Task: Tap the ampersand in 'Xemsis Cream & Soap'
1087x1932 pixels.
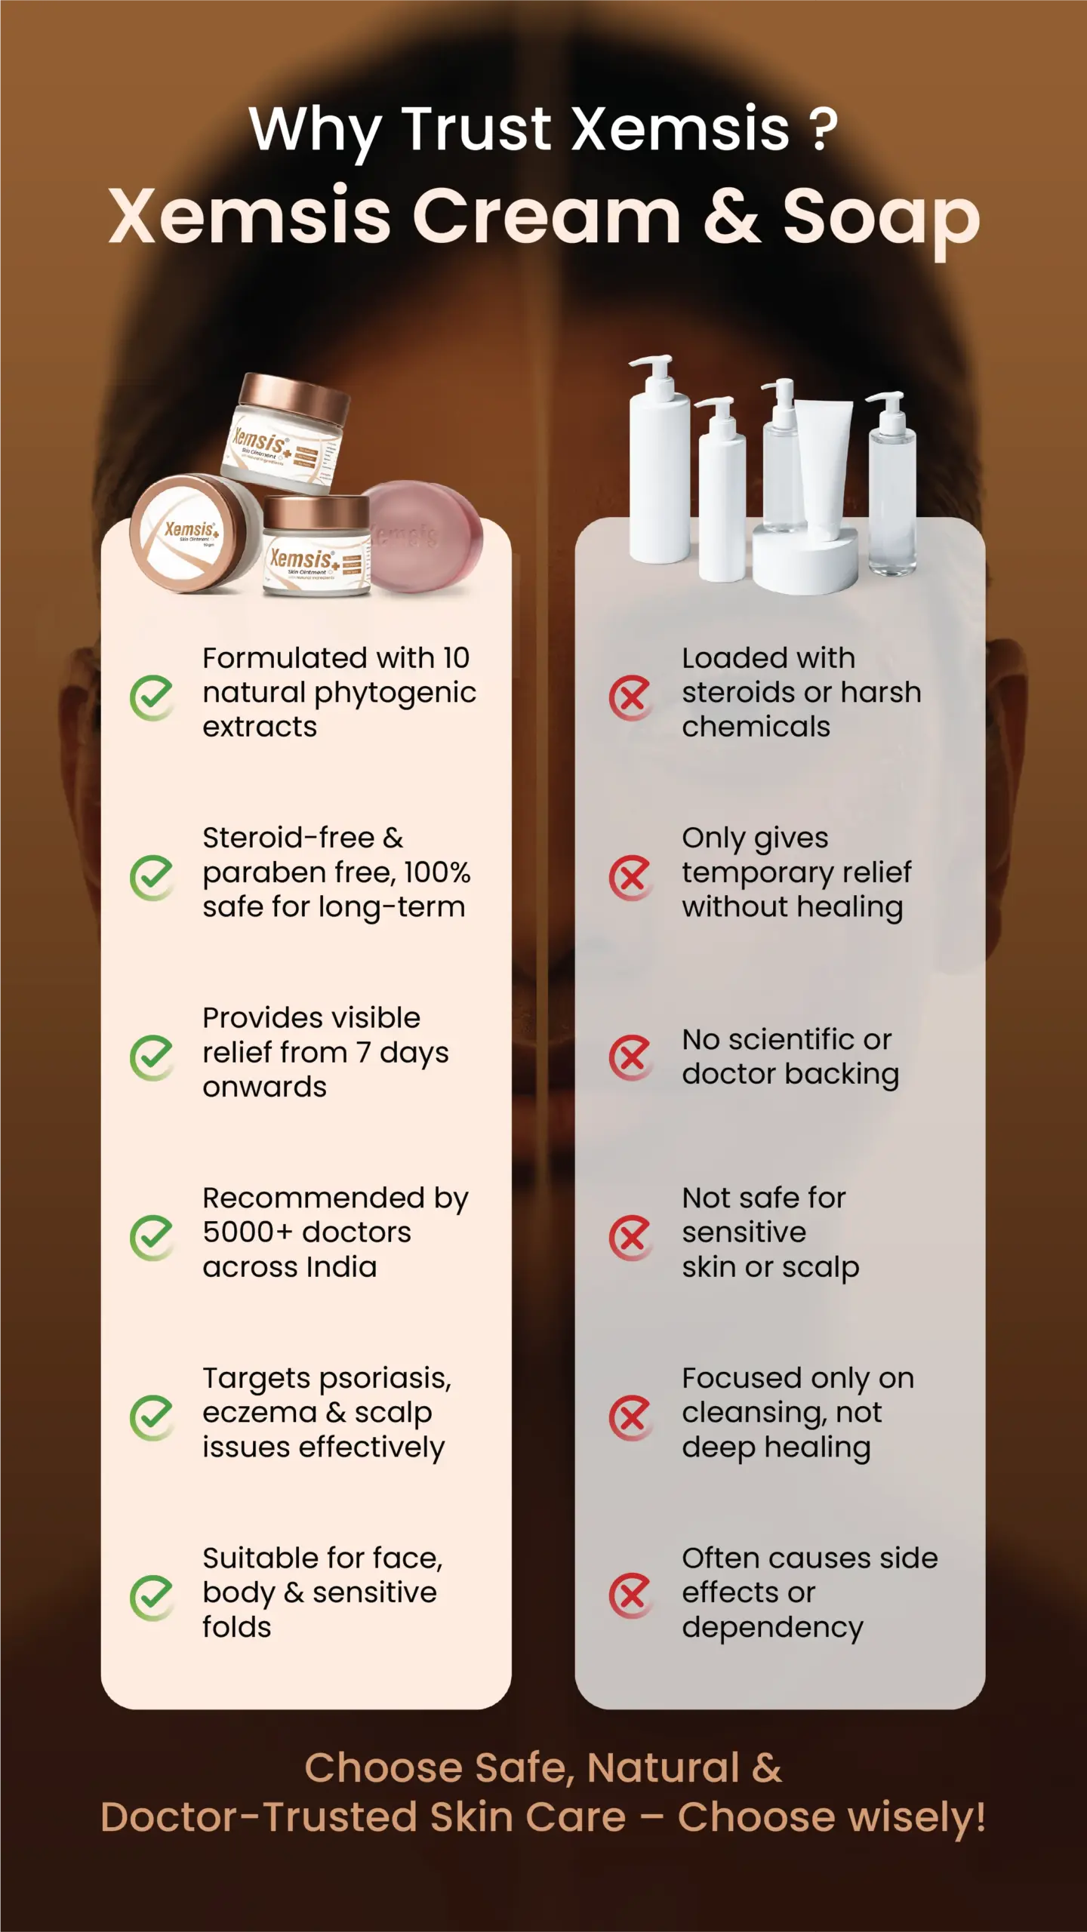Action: pos(731,216)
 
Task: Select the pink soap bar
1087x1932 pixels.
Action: pos(423,537)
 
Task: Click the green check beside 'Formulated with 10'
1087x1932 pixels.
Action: pos(152,697)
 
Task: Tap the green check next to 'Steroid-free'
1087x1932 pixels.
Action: pos(152,878)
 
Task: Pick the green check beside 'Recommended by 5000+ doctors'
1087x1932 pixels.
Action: pos(152,1238)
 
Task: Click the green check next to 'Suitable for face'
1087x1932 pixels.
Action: pos(152,1598)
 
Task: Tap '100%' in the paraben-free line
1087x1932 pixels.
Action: pos(437,872)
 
